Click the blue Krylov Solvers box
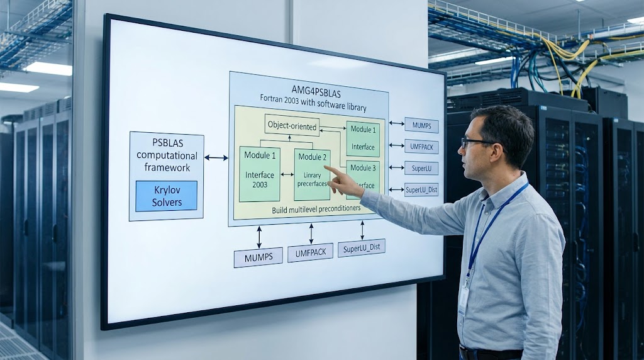pyautogui.click(x=166, y=196)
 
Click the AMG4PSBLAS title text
pyautogui.click(x=316, y=91)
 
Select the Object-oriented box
pyautogui.click(x=292, y=125)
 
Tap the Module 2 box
pyautogui.click(x=312, y=175)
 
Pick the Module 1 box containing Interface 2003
pyautogui.click(x=260, y=174)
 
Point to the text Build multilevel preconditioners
pyautogui.click(x=316, y=209)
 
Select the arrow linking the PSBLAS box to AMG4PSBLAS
pyautogui.click(x=216, y=157)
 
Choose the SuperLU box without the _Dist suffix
pyautogui.click(x=421, y=168)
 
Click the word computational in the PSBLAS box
pyautogui.click(x=167, y=155)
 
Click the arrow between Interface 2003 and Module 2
pyautogui.click(x=287, y=175)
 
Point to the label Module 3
pyautogui.click(x=363, y=167)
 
